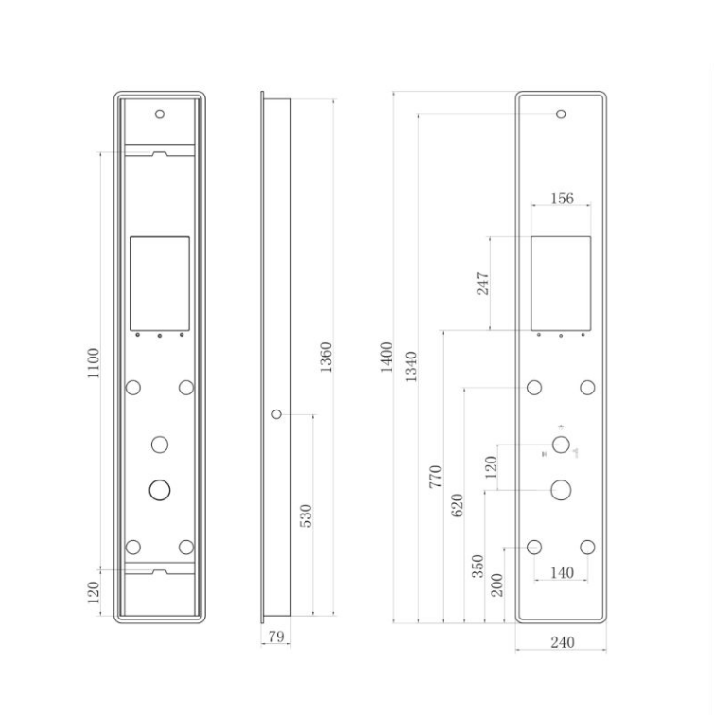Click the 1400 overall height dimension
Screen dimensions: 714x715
(386, 357)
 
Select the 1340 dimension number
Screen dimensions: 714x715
(410, 367)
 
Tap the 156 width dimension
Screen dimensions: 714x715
(562, 199)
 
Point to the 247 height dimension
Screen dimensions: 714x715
(482, 284)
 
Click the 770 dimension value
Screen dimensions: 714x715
(435, 477)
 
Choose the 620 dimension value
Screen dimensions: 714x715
(457, 505)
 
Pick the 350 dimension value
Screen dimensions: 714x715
(478, 566)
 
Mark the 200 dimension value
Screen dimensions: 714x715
(497, 585)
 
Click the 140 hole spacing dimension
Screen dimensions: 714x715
(562, 573)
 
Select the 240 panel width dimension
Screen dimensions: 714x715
(562, 642)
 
